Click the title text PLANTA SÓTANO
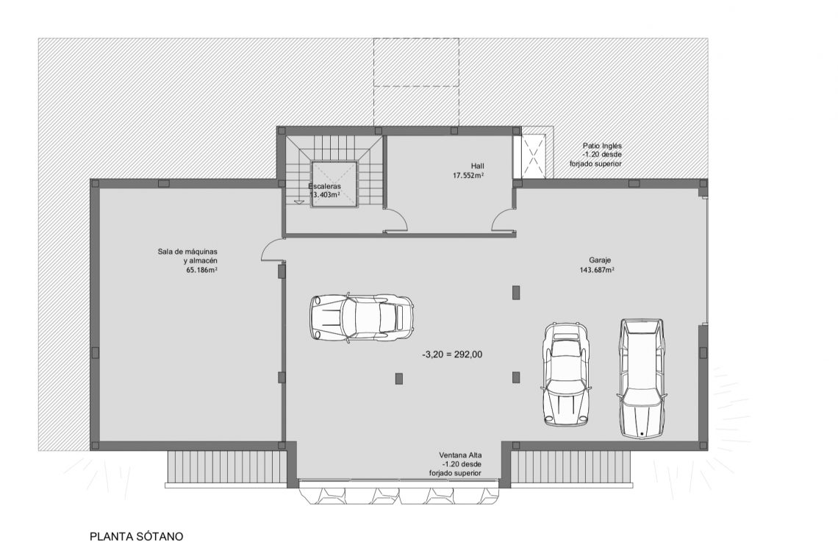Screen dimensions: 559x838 point(136,537)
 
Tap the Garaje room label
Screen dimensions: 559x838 point(600,260)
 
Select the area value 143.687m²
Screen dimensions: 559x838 point(596,270)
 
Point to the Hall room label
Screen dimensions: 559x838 point(478,166)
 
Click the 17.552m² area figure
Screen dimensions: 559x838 point(468,176)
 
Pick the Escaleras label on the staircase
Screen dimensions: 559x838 point(324,186)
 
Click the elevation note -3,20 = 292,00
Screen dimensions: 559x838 point(452,354)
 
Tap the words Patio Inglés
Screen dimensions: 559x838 point(602,146)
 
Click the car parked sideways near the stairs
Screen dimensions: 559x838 point(362,317)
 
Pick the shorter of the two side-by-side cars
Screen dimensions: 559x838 point(566,374)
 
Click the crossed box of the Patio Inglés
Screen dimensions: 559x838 point(534,155)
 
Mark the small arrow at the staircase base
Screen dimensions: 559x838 point(298,200)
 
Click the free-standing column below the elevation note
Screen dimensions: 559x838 point(399,379)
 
